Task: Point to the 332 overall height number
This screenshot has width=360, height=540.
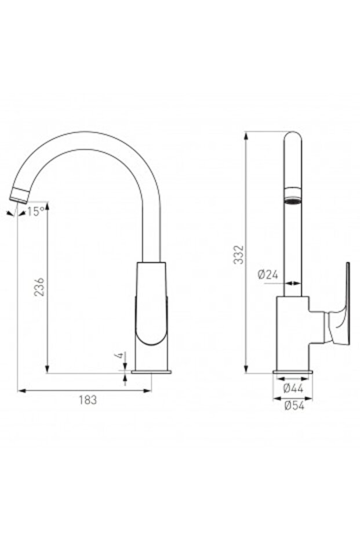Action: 239,255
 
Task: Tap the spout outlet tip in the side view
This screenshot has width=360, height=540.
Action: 19,196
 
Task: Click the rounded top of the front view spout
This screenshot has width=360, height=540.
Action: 293,139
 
